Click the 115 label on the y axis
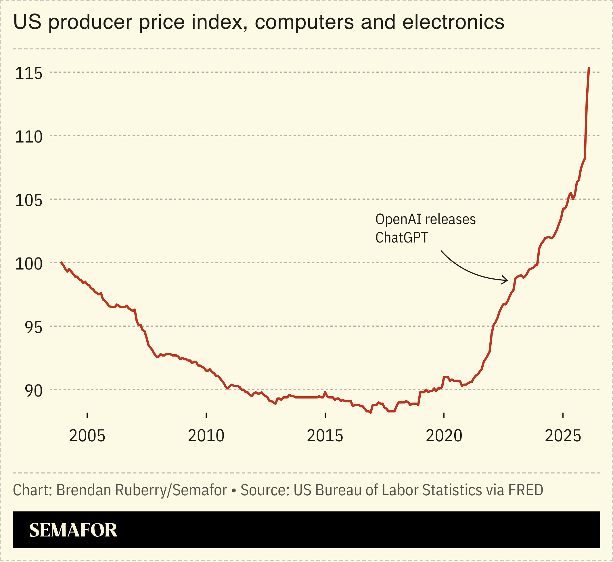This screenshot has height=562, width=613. (x=29, y=74)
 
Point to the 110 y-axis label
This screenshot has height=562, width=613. (x=29, y=137)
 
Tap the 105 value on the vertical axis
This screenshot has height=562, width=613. (x=29, y=201)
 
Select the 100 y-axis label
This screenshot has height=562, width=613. (x=29, y=264)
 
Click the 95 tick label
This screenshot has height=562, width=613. (x=33, y=328)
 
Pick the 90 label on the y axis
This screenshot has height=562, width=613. (x=33, y=391)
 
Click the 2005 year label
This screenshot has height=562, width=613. (x=87, y=436)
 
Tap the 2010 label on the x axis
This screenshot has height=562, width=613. (x=206, y=436)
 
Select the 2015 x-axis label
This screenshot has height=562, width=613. (x=325, y=436)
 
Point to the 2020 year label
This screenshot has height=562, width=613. (x=444, y=436)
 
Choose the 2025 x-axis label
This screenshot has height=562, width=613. (x=563, y=436)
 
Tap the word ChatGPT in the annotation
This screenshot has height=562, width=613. (x=402, y=238)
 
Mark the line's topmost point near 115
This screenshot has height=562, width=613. (x=589, y=68)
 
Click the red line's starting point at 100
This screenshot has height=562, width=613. (x=61, y=262)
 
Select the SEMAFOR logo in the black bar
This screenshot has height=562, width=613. (x=73, y=530)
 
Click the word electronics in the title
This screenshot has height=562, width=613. (x=453, y=22)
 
